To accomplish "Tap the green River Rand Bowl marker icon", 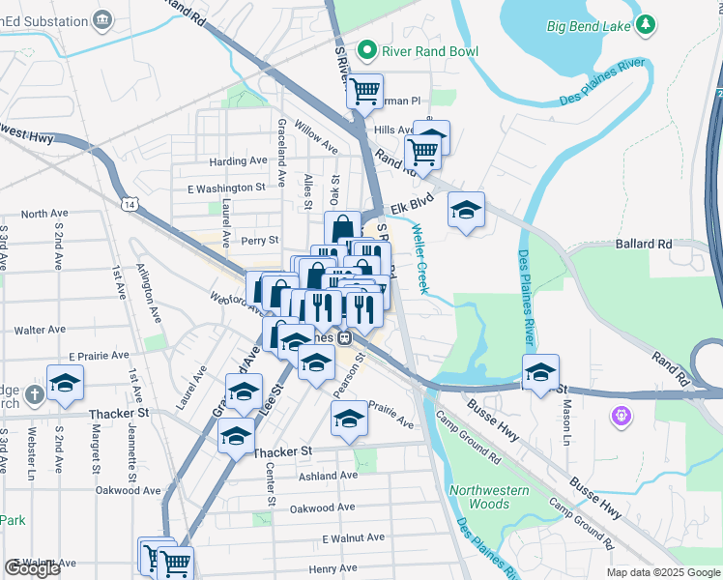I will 366,49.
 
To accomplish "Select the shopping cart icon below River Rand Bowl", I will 364,92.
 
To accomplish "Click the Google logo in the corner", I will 32,568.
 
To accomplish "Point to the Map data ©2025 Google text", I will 663,572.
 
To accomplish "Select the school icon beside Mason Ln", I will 541,371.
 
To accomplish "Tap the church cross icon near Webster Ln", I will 34,393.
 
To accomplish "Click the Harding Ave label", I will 238,161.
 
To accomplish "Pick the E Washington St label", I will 226,188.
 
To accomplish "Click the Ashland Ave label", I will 328,476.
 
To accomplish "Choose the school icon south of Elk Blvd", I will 466,210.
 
